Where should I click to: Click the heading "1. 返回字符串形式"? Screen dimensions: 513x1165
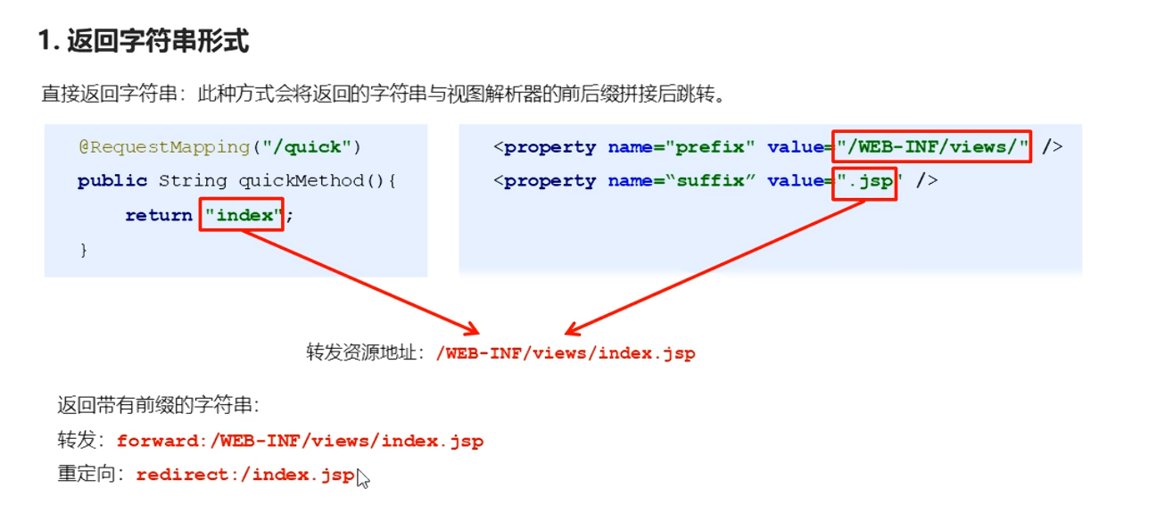point(143,41)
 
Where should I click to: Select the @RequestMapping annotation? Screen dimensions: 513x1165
point(163,146)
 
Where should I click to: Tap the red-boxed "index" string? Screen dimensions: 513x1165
point(242,215)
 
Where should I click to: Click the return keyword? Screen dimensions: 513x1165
point(159,215)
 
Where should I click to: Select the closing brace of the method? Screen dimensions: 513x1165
point(84,250)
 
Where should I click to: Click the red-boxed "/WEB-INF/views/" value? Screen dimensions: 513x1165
point(932,146)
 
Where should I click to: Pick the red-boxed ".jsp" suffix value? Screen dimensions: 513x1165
point(865,181)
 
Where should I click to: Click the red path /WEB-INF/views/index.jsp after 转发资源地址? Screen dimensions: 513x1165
point(566,352)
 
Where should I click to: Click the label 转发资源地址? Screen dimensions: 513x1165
point(364,352)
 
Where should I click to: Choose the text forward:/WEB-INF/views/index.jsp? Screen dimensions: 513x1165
point(300,441)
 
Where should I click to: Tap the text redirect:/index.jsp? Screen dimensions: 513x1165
point(245,475)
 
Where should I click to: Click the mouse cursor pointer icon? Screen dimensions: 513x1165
point(362,478)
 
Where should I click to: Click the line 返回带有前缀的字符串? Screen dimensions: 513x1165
point(159,406)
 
